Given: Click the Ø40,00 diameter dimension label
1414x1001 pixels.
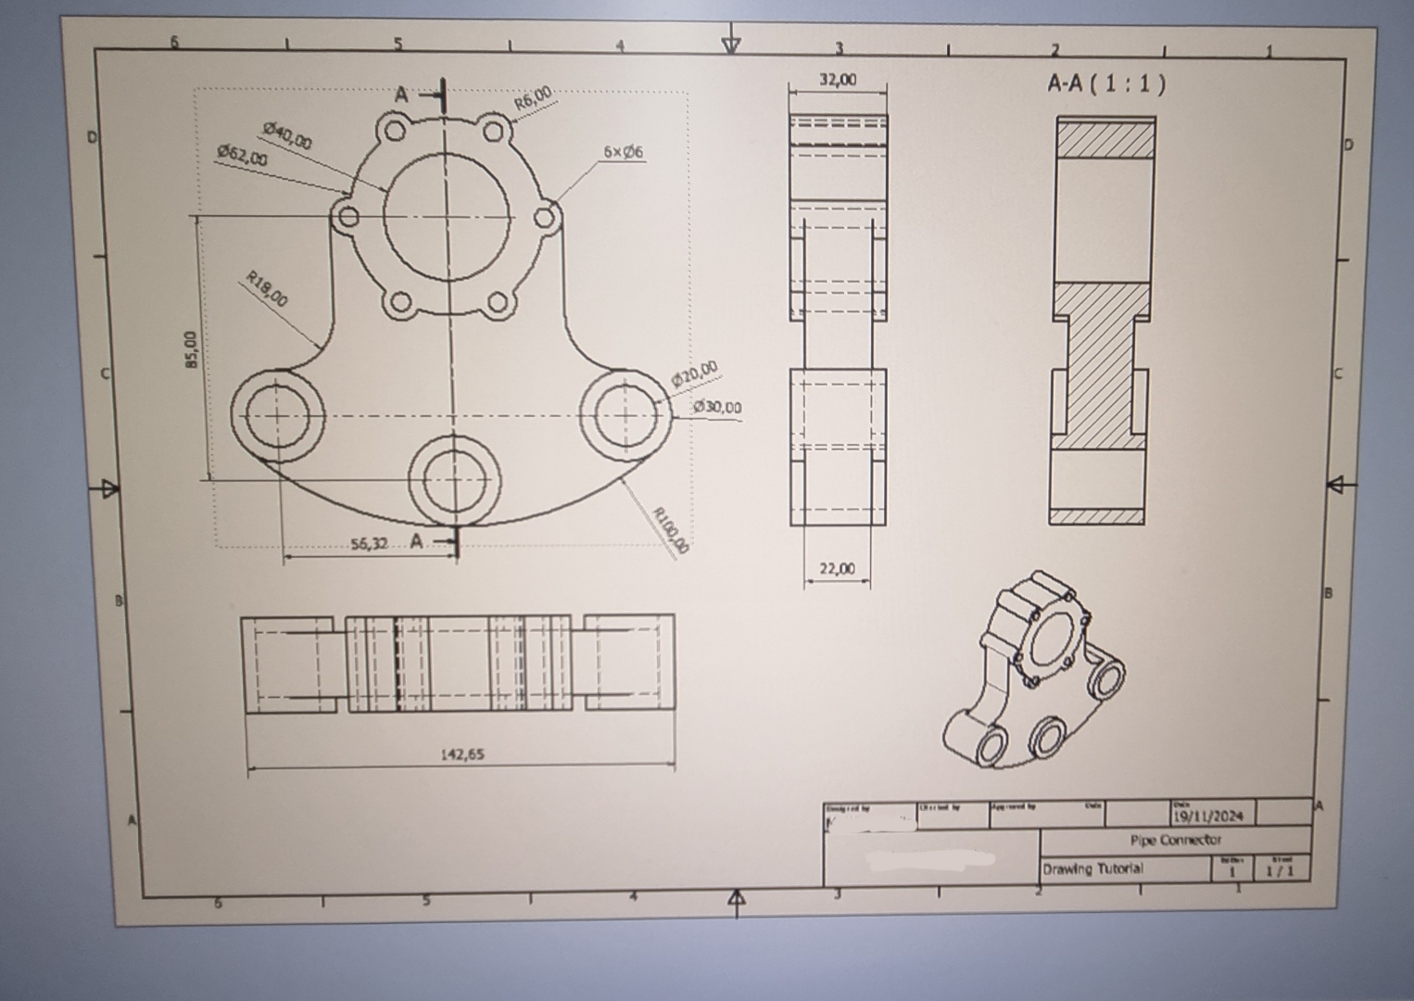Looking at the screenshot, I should point(287,135).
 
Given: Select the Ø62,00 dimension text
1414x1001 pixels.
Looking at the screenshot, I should point(242,155).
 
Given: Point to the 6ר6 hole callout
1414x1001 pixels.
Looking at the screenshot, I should point(623,151).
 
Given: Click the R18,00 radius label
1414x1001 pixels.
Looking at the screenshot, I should point(267,288).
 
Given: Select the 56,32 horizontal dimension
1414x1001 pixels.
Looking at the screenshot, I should point(369,543).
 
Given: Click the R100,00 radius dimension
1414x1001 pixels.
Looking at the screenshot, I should point(671,531).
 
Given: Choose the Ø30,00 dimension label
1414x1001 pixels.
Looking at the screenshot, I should point(716,407).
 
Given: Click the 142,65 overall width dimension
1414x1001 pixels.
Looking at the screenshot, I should point(461,754).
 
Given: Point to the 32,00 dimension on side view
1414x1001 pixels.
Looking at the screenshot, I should point(837,81).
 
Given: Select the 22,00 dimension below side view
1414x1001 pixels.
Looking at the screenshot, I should point(837,569).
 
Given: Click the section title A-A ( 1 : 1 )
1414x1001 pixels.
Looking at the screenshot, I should point(1106,84).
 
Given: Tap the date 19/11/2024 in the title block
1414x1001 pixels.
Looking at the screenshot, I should point(1209,817).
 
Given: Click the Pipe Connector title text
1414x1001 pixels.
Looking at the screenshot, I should point(1175,841).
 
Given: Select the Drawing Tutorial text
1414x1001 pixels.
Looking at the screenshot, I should point(1092,869).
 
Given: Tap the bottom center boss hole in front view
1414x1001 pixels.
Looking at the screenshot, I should point(453,479).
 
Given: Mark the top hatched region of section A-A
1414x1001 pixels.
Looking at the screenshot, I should point(1105,138).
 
